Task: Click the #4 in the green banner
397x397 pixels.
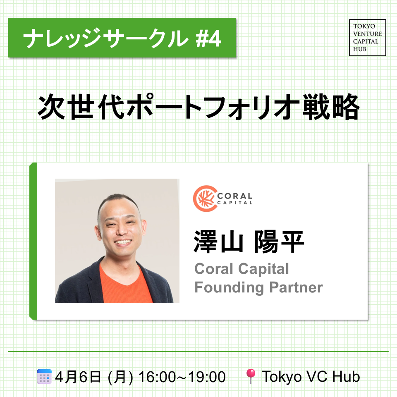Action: pyautogui.click(x=208, y=39)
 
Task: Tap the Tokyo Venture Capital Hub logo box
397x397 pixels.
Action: pyautogui.click(x=367, y=38)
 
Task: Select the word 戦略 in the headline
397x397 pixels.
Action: pyautogui.click(x=331, y=107)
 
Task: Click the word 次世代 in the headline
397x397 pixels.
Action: pyautogui.click(x=81, y=107)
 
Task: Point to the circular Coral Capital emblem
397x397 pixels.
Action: pyautogui.click(x=205, y=198)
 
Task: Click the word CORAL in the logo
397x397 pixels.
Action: pyautogui.click(x=235, y=196)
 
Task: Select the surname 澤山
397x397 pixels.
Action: pyautogui.click(x=218, y=242)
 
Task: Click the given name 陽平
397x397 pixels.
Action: pyautogui.click(x=279, y=242)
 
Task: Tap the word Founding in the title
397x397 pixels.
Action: pyautogui.click(x=229, y=288)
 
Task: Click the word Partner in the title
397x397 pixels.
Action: pyautogui.click(x=296, y=287)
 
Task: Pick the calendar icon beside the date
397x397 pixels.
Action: pyautogui.click(x=44, y=376)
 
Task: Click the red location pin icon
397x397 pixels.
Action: pyautogui.click(x=251, y=376)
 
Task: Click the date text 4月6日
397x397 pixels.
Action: pyautogui.click(x=78, y=377)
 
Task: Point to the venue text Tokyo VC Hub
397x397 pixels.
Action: pyautogui.click(x=311, y=377)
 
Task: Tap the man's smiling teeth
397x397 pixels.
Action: pyautogui.click(x=123, y=242)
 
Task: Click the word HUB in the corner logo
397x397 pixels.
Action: pyautogui.click(x=360, y=49)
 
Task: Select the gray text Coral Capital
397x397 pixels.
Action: pyautogui.click(x=242, y=269)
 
